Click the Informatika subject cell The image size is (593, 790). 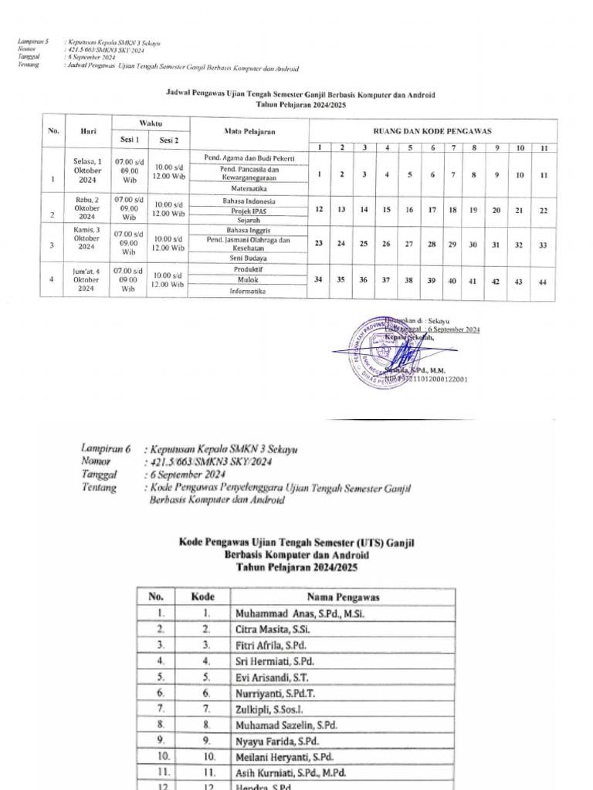point(247,292)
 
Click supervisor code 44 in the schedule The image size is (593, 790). point(543,282)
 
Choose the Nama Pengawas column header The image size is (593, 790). point(343,596)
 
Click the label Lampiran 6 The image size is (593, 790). point(107,447)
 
